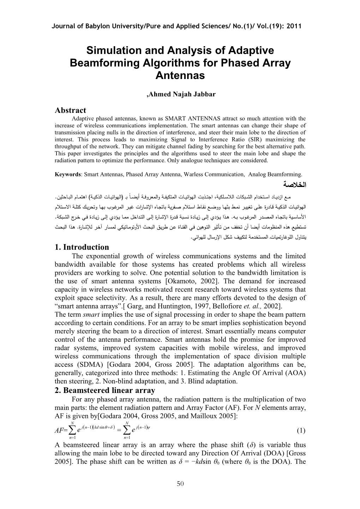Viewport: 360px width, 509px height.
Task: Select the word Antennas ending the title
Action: (180, 75)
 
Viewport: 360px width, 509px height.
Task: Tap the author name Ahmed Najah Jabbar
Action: (181, 94)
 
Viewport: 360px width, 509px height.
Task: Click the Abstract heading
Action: (70, 110)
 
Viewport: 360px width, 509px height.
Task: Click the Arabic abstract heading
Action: (295, 184)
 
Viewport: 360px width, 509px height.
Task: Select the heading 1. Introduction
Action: (82, 247)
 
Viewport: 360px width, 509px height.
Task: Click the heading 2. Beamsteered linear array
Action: (105, 390)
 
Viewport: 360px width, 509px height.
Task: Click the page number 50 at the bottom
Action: (180, 484)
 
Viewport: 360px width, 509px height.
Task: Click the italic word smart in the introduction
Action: (88, 315)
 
